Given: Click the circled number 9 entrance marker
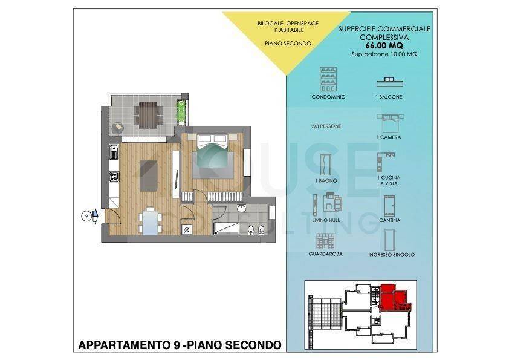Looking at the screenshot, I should coord(86,215).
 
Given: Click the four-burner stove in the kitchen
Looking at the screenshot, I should coord(113,177).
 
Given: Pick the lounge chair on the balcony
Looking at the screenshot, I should coord(117,128).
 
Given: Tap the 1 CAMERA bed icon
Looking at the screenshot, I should coord(388,123).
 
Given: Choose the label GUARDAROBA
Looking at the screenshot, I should coord(325,254).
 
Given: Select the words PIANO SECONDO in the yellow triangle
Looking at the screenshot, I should coord(288,44).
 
